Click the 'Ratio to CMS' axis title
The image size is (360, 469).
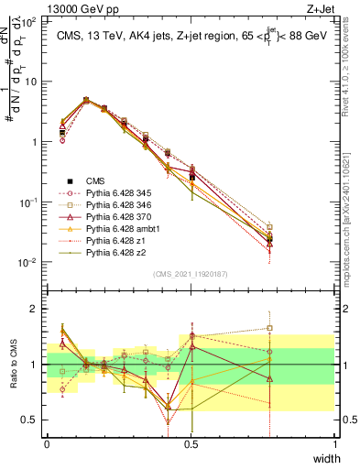(12, 365)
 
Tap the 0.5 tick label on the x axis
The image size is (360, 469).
(191, 443)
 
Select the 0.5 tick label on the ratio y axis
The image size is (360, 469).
(31, 420)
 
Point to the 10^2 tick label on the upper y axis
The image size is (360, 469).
(29, 21)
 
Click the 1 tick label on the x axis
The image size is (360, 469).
(334, 443)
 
